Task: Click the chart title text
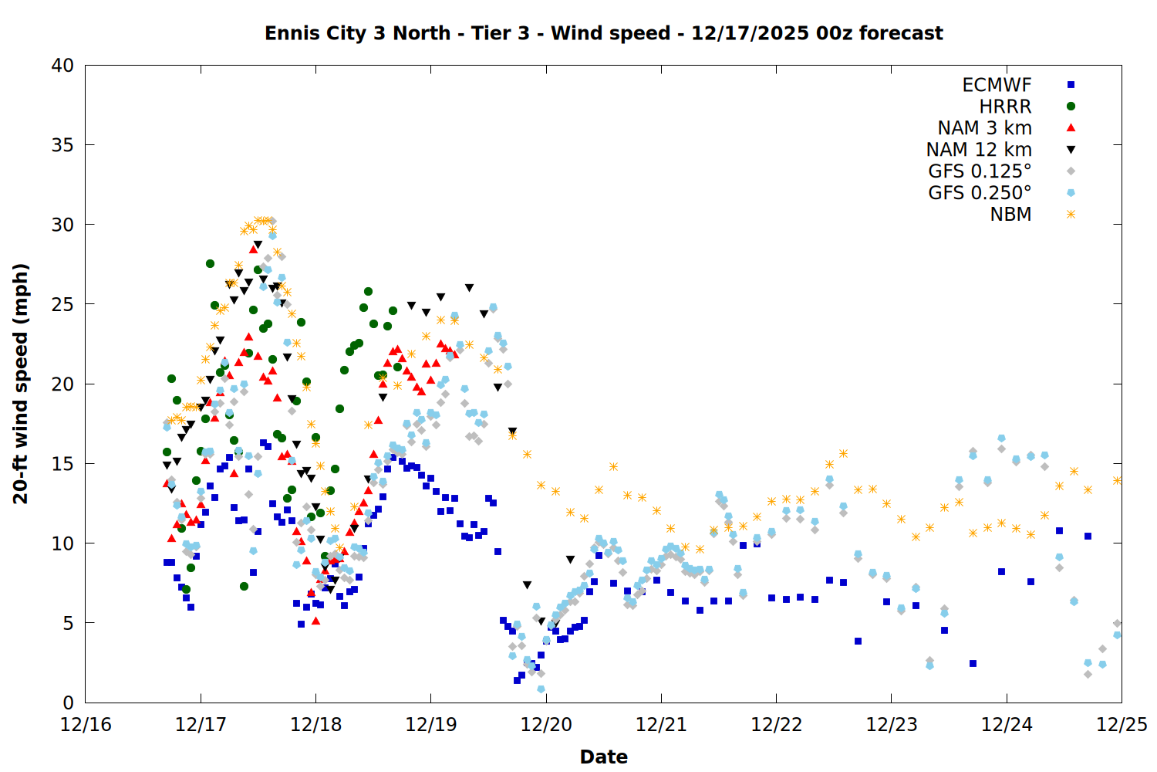tap(603, 33)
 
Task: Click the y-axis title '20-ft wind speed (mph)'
tap(21, 384)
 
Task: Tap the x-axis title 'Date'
tap(603, 757)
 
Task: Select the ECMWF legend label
tap(997, 85)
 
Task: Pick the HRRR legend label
tap(1005, 107)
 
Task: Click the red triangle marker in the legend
tap(1071, 127)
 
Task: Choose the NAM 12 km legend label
tap(979, 150)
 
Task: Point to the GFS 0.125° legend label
tap(980, 171)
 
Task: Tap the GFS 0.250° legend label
tap(980, 193)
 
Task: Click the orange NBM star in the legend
tap(1071, 215)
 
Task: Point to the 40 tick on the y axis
tap(62, 66)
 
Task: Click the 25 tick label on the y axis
tap(62, 304)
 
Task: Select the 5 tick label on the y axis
tap(68, 623)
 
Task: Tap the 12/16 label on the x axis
tap(86, 725)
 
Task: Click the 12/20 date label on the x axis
tap(546, 725)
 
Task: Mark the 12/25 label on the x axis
tap(1122, 725)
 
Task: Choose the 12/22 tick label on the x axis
tap(776, 725)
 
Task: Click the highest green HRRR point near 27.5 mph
tap(210, 264)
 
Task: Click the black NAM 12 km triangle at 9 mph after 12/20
tap(570, 560)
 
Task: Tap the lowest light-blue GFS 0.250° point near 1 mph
tap(541, 689)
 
